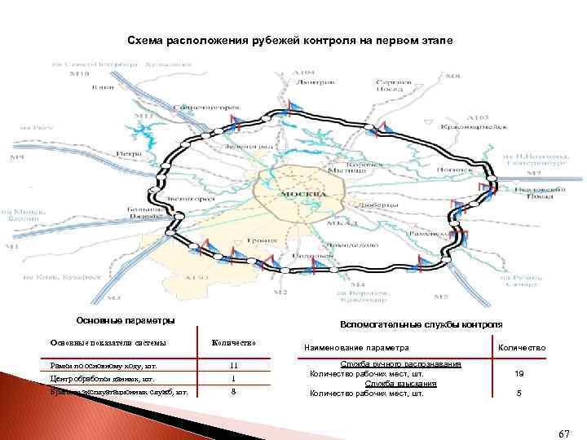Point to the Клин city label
click(x=104, y=87)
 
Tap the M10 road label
click(x=79, y=74)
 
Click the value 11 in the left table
click(x=232, y=365)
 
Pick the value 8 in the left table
click(x=232, y=391)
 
